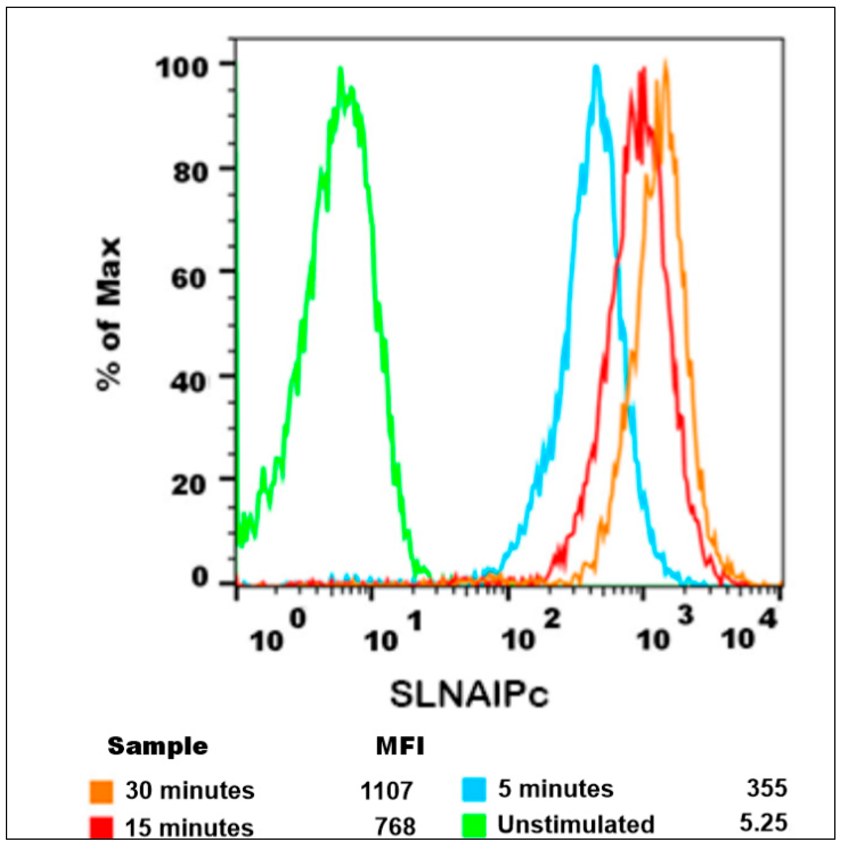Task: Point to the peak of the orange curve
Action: pyautogui.click(x=665, y=61)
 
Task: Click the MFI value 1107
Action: pyautogui.click(x=387, y=791)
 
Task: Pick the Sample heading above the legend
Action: pyautogui.click(x=158, y=746)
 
